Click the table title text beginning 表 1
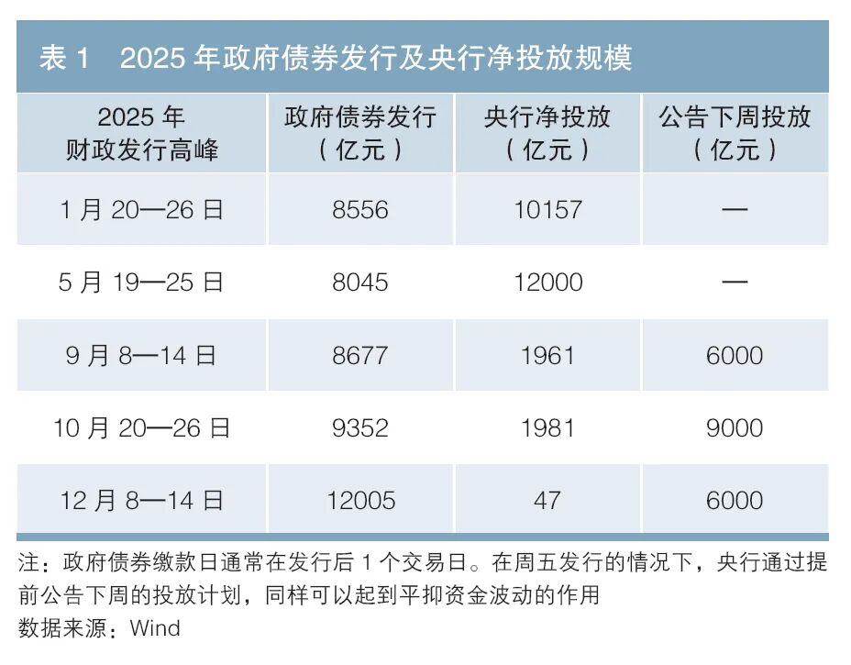[x=336, y=58]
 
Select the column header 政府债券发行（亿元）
[x=360, y=133]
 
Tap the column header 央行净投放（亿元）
[x=547, y=133]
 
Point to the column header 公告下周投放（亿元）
[x=735, y=133]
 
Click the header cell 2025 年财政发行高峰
[x=141, y=133]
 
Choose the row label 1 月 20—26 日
[x=141, y=209]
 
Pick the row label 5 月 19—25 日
[x=141, y=283]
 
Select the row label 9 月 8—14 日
[x=141, y=356]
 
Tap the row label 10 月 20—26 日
[x=141, y=427]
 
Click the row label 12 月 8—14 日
[x=141, y=501]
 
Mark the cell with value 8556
[x=360, y=210]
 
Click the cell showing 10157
[x=548, y=210]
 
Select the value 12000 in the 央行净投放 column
[x=548, y=283]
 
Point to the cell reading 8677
[x=360, y=356]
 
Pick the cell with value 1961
[x=547, y=356]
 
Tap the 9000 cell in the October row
[x=735, y=428]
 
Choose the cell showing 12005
[x=361, y=501]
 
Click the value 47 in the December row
[x=547, y=501]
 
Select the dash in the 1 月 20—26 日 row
[x=735, y=209]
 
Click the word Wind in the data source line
[x=155, y=628]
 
